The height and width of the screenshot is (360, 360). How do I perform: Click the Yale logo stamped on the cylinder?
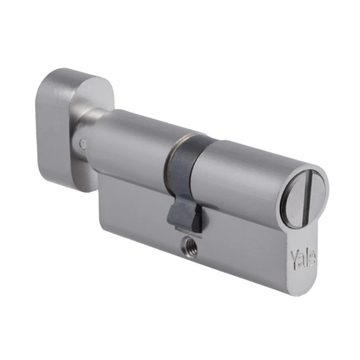303,259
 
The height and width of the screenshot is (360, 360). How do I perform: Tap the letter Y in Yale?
294,256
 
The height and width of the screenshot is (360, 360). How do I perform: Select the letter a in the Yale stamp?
301,260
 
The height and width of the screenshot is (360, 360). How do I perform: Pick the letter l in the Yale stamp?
307,259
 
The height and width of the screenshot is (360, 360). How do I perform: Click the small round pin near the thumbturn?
82,144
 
